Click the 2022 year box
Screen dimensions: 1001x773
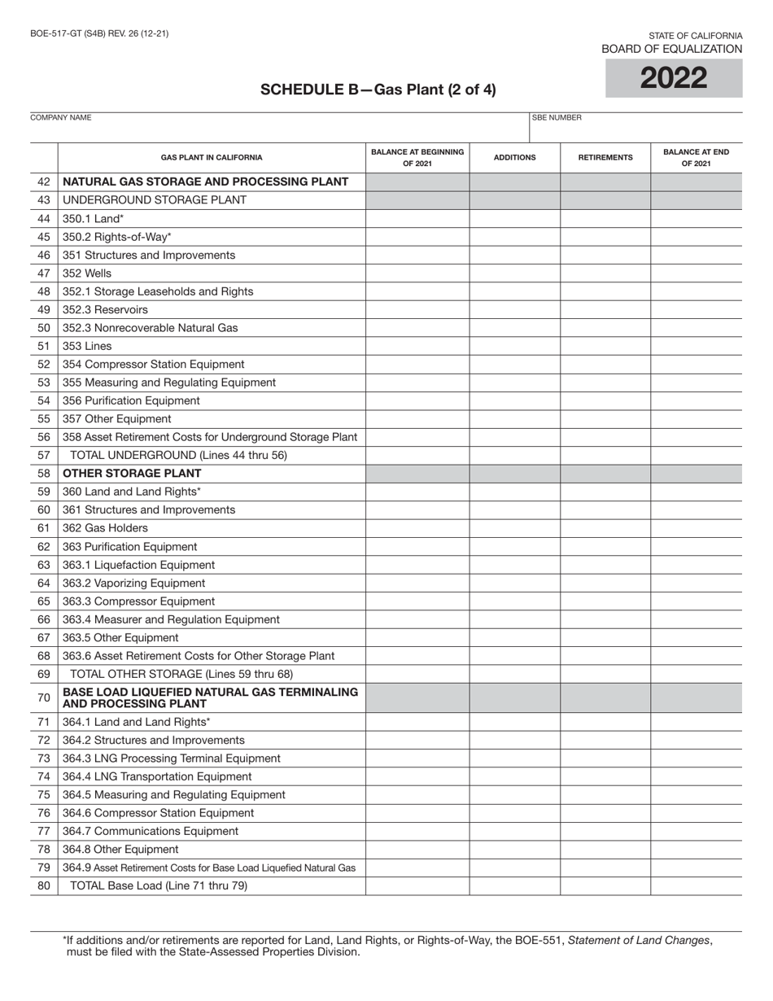[674, 78]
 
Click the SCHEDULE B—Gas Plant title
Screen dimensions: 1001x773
[378, 90]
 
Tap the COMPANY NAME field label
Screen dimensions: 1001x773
[61, 118]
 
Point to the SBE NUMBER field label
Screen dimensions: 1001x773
[557, 118]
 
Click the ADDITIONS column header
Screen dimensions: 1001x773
[514, 157]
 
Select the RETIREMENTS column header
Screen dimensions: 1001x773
[605, 157]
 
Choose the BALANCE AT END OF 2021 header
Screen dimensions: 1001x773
[696, 157]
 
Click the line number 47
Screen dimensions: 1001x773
[44, 273]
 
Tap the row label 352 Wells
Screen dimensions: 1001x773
[87, 273]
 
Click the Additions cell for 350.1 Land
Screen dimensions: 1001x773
[514, 219]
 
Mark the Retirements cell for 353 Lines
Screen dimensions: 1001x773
[605, 346]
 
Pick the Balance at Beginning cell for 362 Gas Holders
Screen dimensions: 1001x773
[417, 528]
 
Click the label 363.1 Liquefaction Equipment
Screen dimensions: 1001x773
[139, 565]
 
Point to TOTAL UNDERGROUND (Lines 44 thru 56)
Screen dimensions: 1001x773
[179, 455]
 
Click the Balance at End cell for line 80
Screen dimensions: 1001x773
[696, 885]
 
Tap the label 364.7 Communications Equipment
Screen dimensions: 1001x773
[151, 831]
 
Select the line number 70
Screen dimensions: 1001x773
[44, 697]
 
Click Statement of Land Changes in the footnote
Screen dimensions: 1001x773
[639, 940]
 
